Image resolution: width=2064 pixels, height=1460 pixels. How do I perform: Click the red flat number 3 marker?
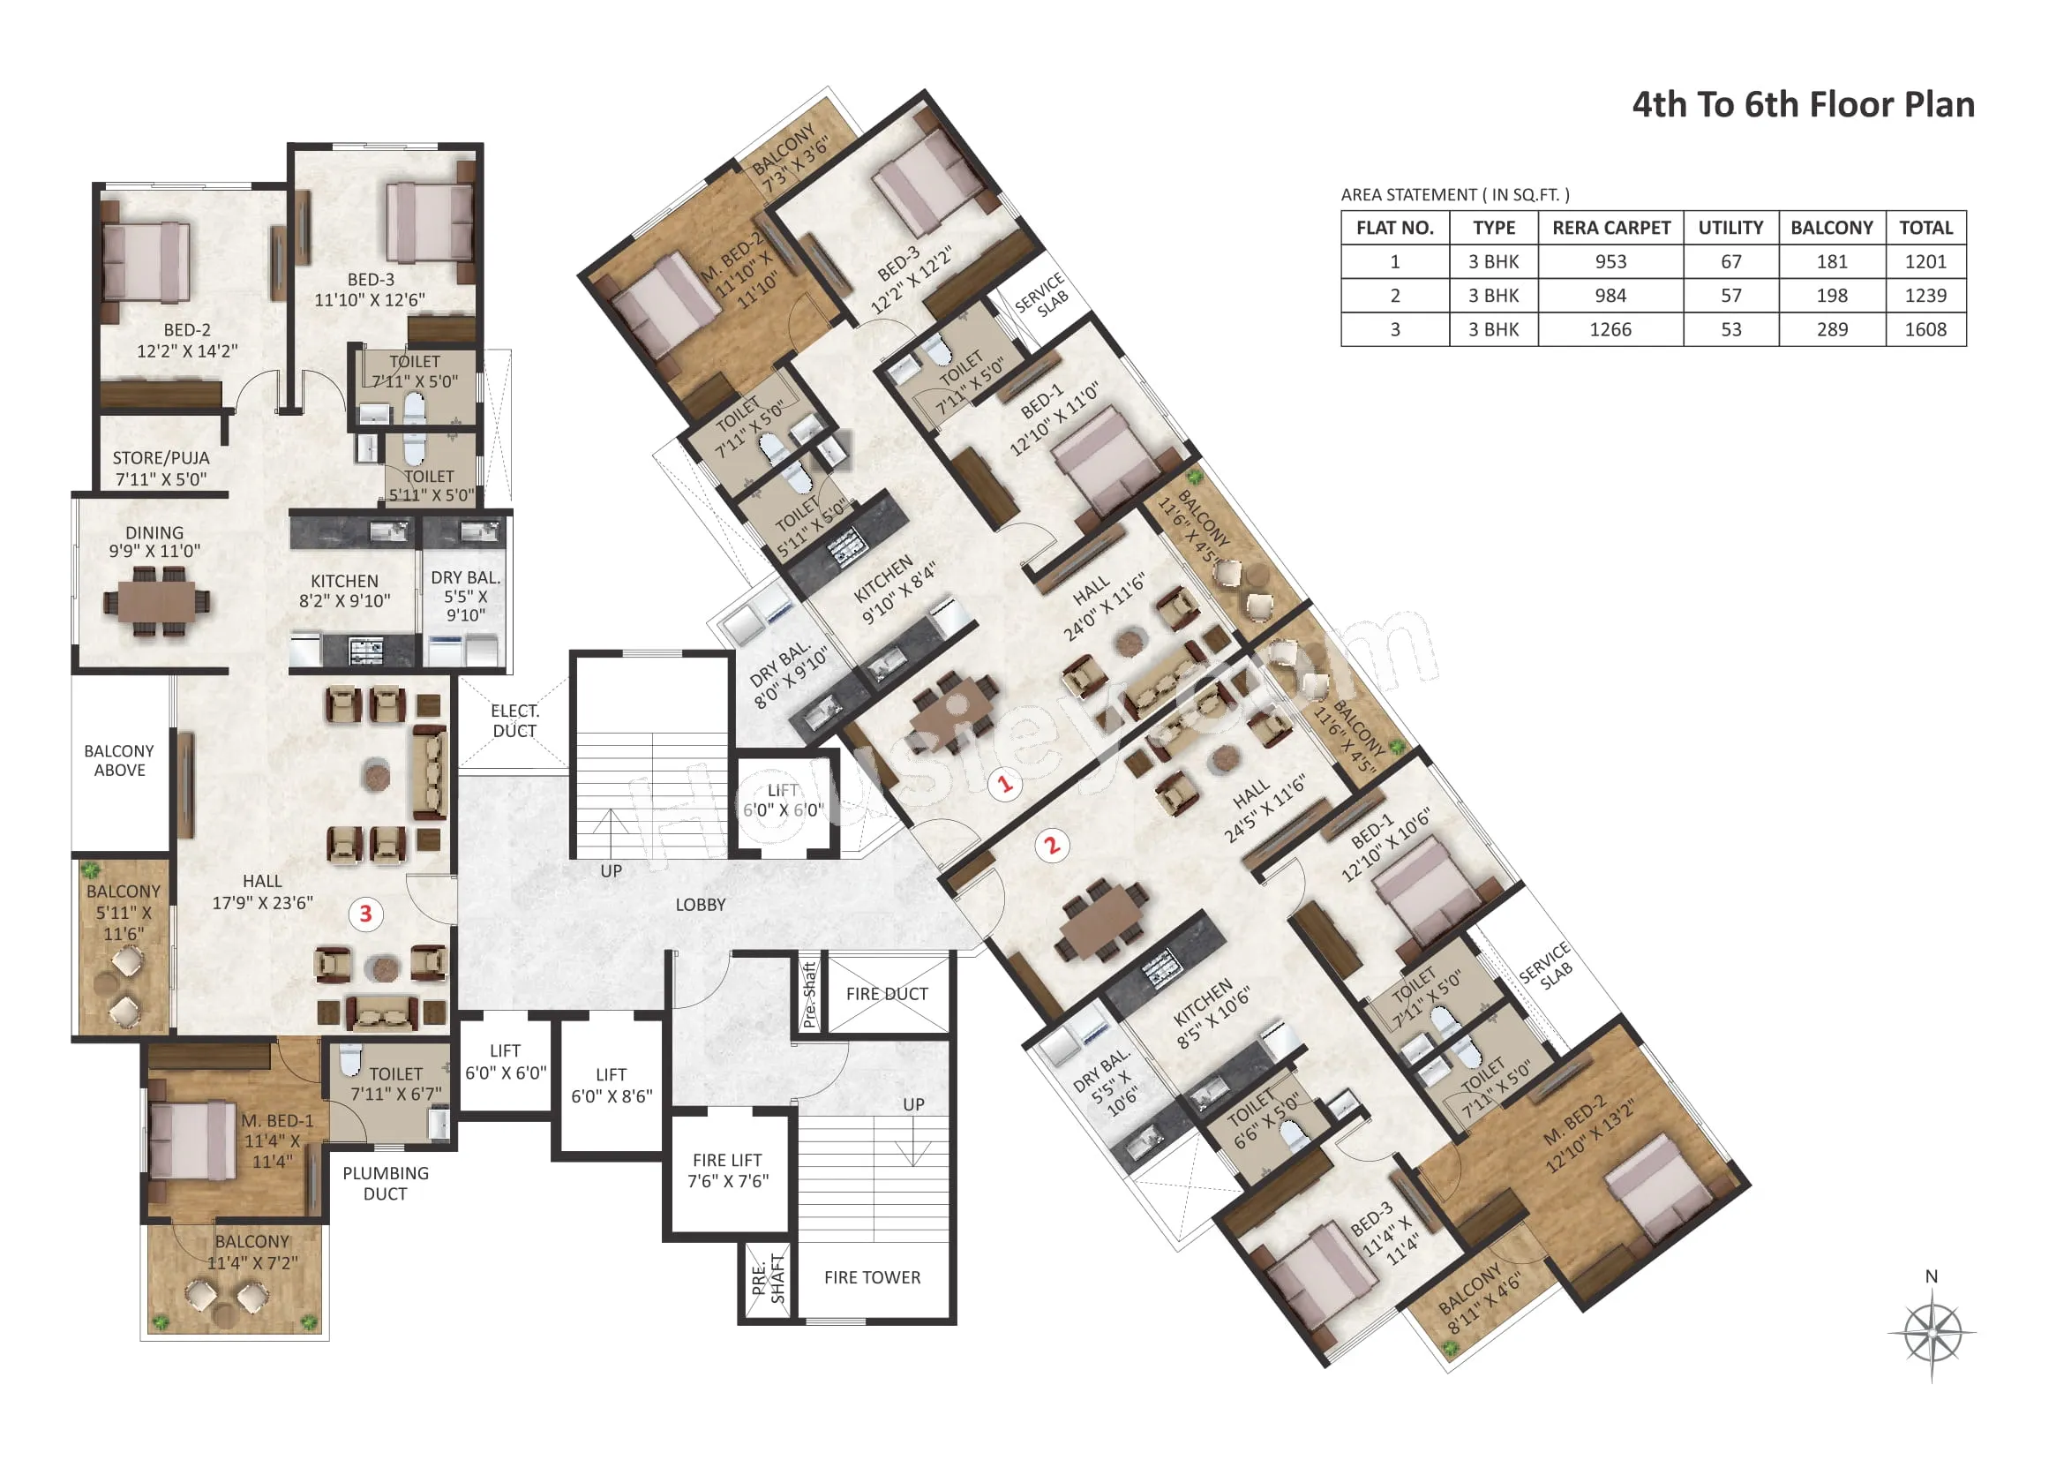[x=366, y=914]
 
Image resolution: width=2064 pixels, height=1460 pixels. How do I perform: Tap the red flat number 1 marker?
[x=1005, y=784]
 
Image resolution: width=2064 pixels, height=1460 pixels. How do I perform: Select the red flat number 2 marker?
[x=1052, y=846]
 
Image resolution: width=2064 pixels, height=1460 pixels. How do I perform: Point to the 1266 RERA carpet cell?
[x=1610, y=330]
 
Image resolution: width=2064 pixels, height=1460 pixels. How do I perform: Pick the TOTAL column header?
[x=1925, y=229]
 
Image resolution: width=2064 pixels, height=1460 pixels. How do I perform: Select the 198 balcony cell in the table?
[x=1832, y=296]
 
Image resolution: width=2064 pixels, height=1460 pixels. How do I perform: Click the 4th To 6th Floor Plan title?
[x=1804, y=105]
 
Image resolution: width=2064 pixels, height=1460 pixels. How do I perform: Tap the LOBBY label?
[x=701, y=906]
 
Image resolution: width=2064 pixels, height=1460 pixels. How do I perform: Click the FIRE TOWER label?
[x=872, y=1277]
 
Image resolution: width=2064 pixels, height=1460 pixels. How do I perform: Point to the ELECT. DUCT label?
[x=515, y=721]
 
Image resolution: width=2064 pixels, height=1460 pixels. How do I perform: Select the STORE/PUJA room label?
[x=161, y=469]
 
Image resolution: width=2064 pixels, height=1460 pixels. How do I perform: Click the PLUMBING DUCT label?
[x=386, y=1183]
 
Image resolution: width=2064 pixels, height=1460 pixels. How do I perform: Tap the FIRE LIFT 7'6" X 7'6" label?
[x=728, y=1170]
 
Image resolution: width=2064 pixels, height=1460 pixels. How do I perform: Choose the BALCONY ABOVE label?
[x=119, y=761]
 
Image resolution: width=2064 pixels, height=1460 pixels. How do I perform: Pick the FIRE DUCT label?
[x=886, y=994]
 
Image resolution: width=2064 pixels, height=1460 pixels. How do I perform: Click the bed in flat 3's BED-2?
[x=146, y=262]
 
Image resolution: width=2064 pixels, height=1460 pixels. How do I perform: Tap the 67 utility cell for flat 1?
[x=1731, y=262]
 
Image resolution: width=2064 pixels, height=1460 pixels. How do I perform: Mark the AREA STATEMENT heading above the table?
[x=1455, y=195]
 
